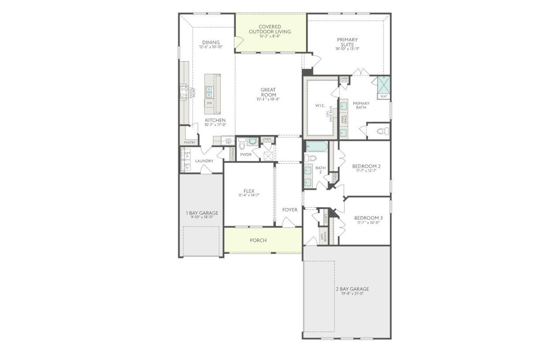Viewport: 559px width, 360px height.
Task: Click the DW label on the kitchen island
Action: click(x=209, y=103)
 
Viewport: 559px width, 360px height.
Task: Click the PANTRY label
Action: click(x=190, y=142)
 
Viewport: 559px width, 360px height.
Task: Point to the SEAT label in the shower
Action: click(x=383, y=96)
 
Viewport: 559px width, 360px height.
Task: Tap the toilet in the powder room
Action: click(x=242, y=141)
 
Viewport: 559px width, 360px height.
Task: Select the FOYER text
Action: click(x=290, y=210)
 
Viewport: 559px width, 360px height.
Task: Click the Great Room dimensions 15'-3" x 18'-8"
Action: click(x=268, y=99)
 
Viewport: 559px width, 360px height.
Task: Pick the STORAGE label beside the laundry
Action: click(x=232, y=154)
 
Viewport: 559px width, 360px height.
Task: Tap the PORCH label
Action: click(x=258, y=240)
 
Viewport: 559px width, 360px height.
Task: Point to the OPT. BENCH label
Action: click(x=324, y=237)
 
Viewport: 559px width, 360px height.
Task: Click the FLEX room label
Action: click(x=249, y=191)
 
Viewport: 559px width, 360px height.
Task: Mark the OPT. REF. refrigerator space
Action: click(x=228, y=141)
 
